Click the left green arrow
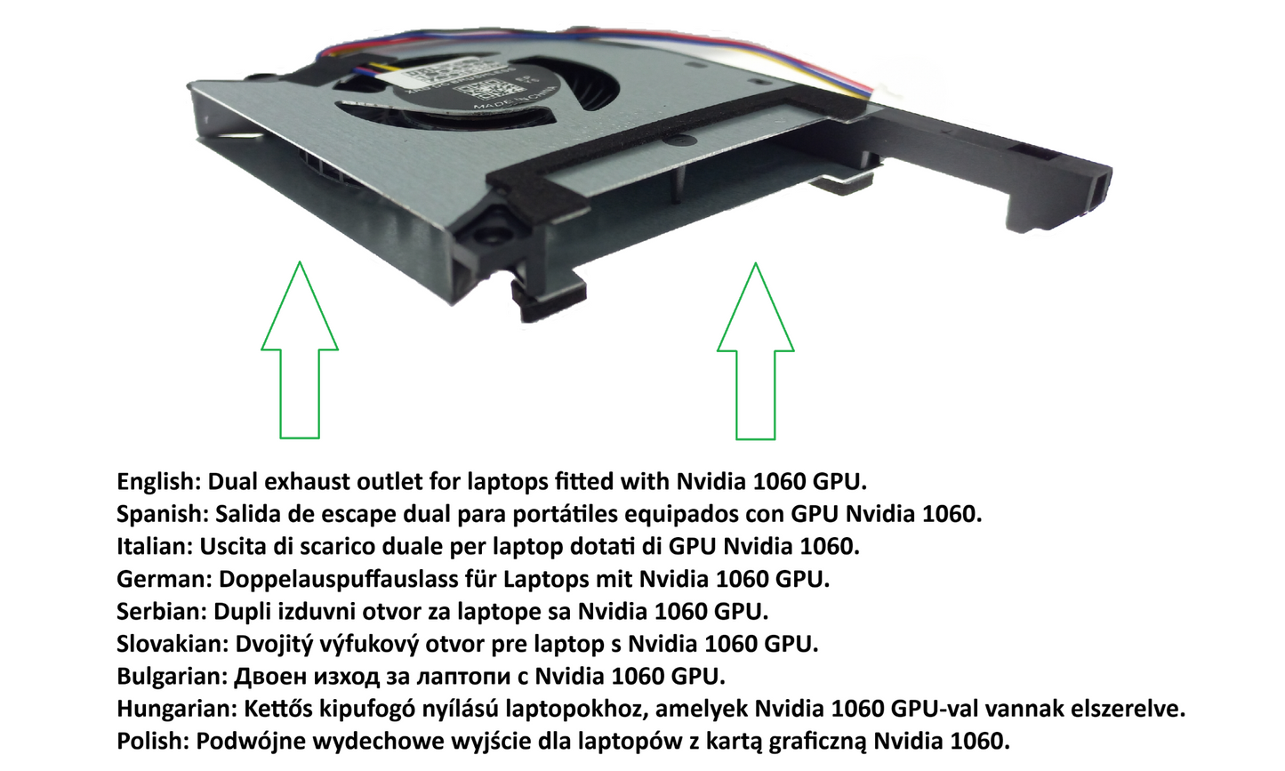(x=300, y=356)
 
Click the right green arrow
(x=756, y=356)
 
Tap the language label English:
(x=159, y=482)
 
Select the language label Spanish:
(x=163, y=514)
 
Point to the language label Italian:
(x=155, y=546)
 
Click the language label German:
(x=165, y=579)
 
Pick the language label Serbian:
(x=162, y=612)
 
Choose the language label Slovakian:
(x=173, y=644)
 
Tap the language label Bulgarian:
(x=173, y=677)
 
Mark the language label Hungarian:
(x=177, y=710)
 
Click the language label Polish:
(x=153, y=742)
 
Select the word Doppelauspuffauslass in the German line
(x=338, y=579)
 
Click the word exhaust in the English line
(x=308, y=482)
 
